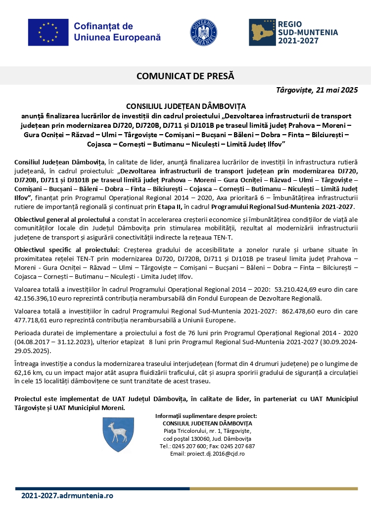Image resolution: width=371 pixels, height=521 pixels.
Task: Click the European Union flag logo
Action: [47, 32]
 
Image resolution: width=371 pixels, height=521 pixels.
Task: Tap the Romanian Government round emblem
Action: [204, 32]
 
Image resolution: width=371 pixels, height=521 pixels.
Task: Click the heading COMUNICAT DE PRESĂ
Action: [185, 76]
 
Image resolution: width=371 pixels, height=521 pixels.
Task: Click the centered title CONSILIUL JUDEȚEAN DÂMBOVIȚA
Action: [186, 106]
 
